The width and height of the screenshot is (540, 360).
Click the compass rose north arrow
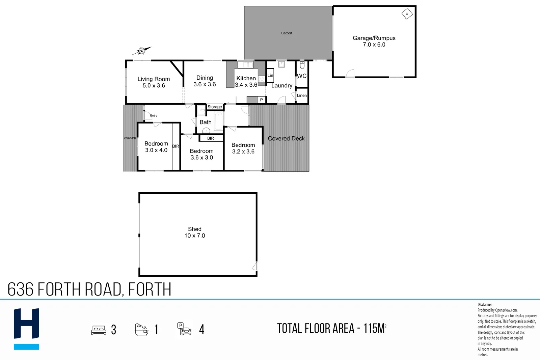[142, 51]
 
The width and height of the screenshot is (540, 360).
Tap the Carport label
[287, 33]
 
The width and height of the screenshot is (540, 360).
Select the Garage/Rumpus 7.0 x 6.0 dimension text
[374, 45]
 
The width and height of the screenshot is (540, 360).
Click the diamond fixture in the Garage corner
[407, 14]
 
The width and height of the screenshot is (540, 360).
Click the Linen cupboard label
[302, 95]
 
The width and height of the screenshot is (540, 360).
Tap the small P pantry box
[261, 100]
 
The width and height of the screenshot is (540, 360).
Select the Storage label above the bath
[215, 107]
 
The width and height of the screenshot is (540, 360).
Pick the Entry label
[154, 115]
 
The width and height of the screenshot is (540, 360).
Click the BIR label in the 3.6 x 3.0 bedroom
[211, 138]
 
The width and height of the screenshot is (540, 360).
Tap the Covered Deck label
[286, 138]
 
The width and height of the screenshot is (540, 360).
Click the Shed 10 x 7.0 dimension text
[195, 236]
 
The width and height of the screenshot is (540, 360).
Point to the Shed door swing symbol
[254, 266]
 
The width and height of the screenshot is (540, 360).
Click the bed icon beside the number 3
[99, 330]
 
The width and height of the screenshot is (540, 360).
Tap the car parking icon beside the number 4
[184, 329]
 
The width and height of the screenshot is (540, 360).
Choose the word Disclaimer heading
[485, 304]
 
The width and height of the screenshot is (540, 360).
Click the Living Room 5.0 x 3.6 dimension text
[154, 86]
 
